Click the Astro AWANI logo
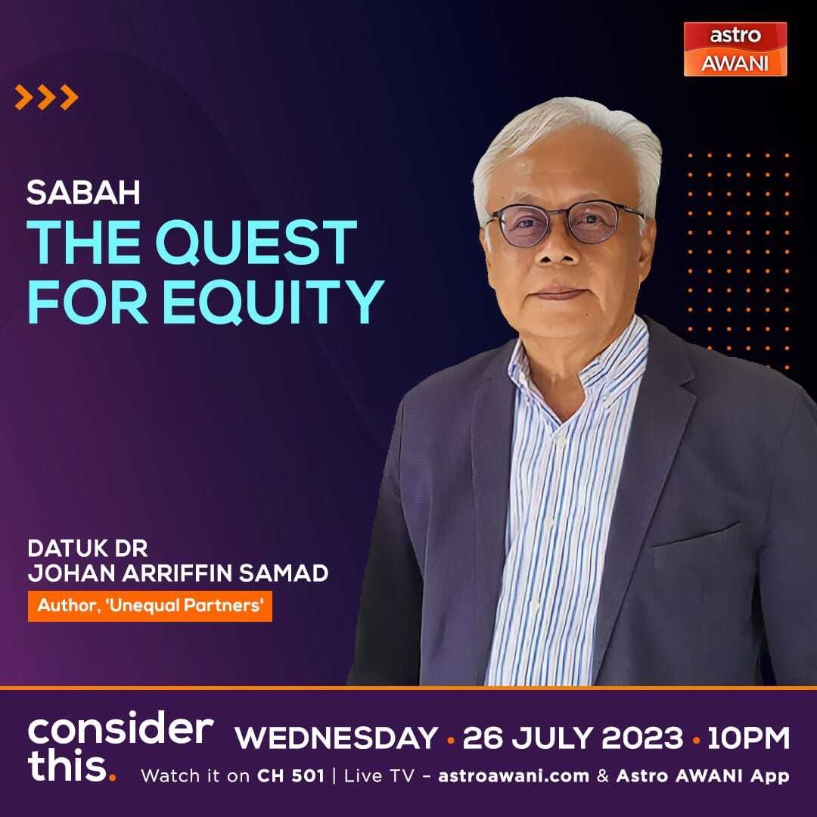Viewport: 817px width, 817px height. pyautogui.click(x=735, y=49)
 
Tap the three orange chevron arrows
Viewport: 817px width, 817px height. pyautogui.click(x=46, y=97)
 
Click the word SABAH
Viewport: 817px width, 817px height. pyautogui.click(x=83, y=192)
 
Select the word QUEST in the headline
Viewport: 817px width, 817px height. pyautogui.click(x=256, y=242)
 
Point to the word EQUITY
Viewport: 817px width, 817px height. pyautogui.click(x=274, y=302)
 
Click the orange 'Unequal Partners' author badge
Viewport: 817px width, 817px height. pyautogui.click(x=150, y=605)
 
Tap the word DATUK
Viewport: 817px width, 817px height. pyautogui.click(x=63, y=548)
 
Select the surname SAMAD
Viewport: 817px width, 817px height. pyautogui.click(x=284, y=573)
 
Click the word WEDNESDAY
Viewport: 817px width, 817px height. pyautogui.click(x=336, y=738)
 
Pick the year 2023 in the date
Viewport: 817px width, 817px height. pyautogui.click(x=641, y=738)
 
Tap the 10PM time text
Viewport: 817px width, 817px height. pyautogui.click(x=748, y=738)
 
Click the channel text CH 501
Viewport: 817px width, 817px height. pyautogui.click(x=290, y=776)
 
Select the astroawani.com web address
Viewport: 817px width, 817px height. pyautogui.click(x=514, y=776)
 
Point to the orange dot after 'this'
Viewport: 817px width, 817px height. pyautogui.click(x=111, y=778)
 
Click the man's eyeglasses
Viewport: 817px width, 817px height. pyautogui.click(x=565, y=224)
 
